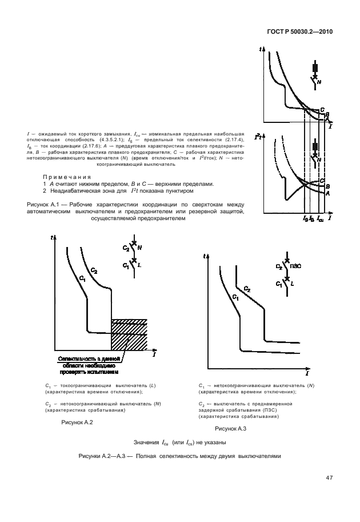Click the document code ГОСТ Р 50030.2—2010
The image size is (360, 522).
(299, 32)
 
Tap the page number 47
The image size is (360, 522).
(329, 477)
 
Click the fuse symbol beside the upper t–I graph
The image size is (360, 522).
(315, 67)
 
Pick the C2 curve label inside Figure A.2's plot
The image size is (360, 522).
(94, 269)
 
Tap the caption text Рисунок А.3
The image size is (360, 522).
(230, 428)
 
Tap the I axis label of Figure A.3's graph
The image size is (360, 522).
(307, 373)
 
